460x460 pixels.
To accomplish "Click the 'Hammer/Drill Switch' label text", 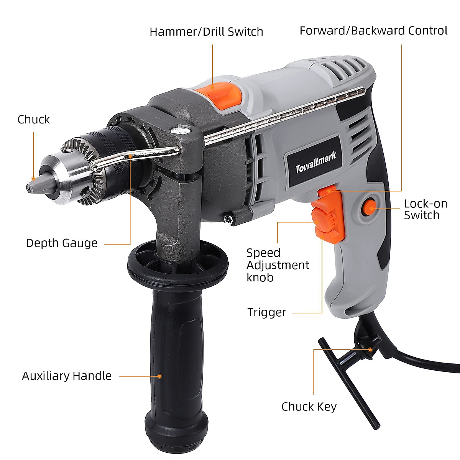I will coord(206,31).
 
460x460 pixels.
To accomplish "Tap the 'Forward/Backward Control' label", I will coord(373,31).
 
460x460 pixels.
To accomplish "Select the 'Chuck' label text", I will coord(34,120).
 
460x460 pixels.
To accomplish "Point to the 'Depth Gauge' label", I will coord(62,243).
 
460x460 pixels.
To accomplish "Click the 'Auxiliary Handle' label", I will coord(67,376).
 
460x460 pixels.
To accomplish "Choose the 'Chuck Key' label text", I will coord(309,406).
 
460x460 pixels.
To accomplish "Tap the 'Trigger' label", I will coord(267,312).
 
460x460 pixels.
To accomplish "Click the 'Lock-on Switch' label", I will coord(426,209).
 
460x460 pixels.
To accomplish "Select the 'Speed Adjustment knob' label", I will coord(278,265).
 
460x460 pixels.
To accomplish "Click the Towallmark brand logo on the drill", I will coord(315,163).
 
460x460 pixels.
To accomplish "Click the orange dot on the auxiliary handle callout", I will coord(159,376).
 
